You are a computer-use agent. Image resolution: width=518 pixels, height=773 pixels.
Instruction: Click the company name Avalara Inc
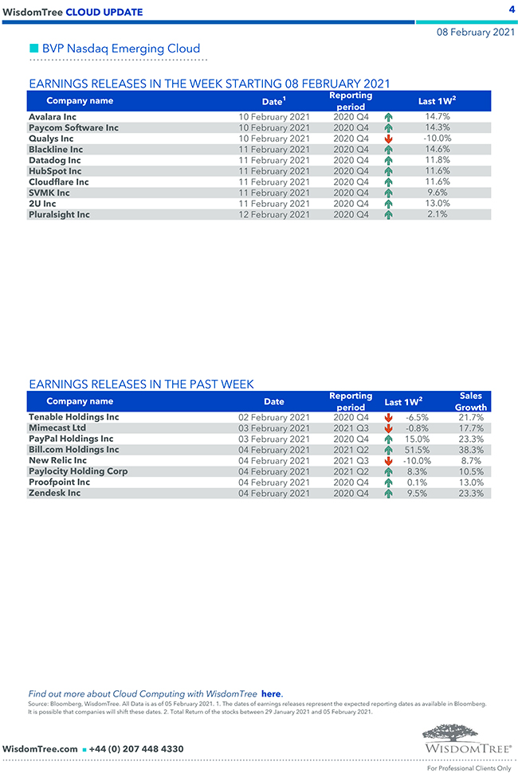[x=53, y=117]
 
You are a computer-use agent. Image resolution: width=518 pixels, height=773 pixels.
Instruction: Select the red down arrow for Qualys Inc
[x=388, y=139]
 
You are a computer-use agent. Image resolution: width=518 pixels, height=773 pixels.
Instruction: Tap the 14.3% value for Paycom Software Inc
[x=438, y=127]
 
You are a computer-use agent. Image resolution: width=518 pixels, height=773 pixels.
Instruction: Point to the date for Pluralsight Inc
[x=274, y=215]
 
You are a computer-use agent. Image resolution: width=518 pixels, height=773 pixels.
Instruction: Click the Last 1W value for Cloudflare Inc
[x=438, y=182]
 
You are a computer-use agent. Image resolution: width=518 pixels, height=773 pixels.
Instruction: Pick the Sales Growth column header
[x=471, y=401]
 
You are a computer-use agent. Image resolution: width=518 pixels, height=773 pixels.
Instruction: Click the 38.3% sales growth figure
[x=472, y=450]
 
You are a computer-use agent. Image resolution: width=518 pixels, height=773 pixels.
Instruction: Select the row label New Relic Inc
[x=57, y=461]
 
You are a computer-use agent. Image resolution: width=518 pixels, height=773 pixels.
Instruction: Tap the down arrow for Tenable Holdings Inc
[x=388, y=417]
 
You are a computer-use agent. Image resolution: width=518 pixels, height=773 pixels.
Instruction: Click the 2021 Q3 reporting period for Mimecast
[x=351, y=428]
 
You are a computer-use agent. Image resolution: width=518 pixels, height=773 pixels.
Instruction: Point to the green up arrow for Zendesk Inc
[x=388, y=494]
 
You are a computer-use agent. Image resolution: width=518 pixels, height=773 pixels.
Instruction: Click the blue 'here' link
[x=272, y=694]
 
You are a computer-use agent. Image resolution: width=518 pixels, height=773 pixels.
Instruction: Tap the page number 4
[x=511, y=10]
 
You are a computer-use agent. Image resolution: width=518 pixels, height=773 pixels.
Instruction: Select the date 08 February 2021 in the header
[x=475, y=33]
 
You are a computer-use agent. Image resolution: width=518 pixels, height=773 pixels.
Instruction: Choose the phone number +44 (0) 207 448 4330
[x=136, y=749]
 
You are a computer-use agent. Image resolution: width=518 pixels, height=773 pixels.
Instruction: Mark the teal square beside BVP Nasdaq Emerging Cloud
[x=33, y=49]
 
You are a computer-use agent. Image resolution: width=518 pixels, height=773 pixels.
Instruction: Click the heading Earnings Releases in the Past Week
[x=141, y=385]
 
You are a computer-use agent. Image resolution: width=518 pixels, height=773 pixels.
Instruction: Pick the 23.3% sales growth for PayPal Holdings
[x=472, y=439]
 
